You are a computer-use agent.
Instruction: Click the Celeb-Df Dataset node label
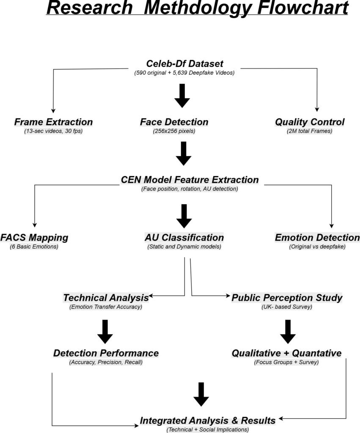(x=184, y=64)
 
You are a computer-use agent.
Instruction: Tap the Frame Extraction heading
(x=53, y=122)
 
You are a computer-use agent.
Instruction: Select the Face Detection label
(x=174, y=122)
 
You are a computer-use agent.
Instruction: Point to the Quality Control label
(x=310, y=122)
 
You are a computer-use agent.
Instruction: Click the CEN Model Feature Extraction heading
(x=190, y=180)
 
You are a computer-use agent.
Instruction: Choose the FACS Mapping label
(x=34, y=238)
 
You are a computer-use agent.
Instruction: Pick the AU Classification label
(x=184, y=238)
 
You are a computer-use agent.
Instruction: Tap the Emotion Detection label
(x=317, y=238)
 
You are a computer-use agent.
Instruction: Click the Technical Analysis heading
(x=106, y=298)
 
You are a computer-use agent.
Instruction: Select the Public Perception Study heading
(x=287, y=298)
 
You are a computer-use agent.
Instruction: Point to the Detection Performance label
(x=106, y=353)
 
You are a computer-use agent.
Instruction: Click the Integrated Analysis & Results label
(x=208, y=421)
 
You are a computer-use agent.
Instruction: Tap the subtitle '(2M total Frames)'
(x=309, y=131)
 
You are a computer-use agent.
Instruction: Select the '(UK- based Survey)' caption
(x=287, y=307)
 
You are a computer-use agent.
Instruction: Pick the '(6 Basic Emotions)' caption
(x=34, y=247)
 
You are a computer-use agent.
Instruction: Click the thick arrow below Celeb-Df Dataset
(x=182, y=96)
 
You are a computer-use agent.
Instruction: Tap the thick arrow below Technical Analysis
(x=105, y=332)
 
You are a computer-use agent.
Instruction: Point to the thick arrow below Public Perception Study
(x=288, y=332)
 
